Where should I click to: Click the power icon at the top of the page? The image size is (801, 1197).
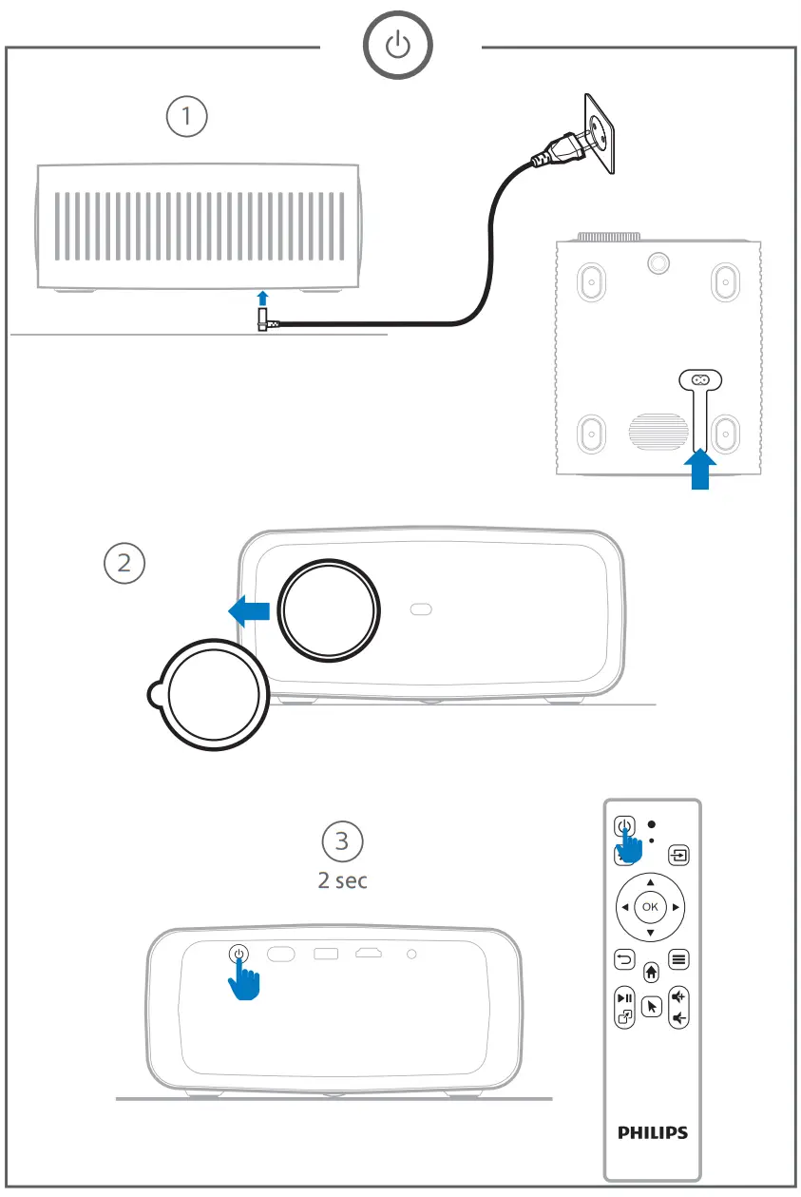click(x=400, y=47)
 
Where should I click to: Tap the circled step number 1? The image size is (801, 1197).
click(x=187, y=117)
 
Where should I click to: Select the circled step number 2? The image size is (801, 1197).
click(x=124, y=562)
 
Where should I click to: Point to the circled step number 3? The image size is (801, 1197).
click(x=343, y=840)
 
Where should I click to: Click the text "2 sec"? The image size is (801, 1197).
click(x=343, y=880)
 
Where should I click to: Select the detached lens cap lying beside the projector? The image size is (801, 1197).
click(x=210, y=693)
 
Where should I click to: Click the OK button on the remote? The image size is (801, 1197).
click(x=650, y=907)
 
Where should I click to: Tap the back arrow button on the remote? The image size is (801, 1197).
click(x=624, y=959)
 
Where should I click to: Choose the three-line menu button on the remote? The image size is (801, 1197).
click(x=677, y=959)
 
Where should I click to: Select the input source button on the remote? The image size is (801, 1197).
click(x=677, y=854)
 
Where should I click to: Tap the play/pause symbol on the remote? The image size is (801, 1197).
click(x=624, y=998)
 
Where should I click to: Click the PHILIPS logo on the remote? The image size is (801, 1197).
click(x=652, y=1133)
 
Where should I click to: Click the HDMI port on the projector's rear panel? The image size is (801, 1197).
click(x=369, y=953)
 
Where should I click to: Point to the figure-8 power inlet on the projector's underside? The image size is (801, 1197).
click(x=700, y=380)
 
